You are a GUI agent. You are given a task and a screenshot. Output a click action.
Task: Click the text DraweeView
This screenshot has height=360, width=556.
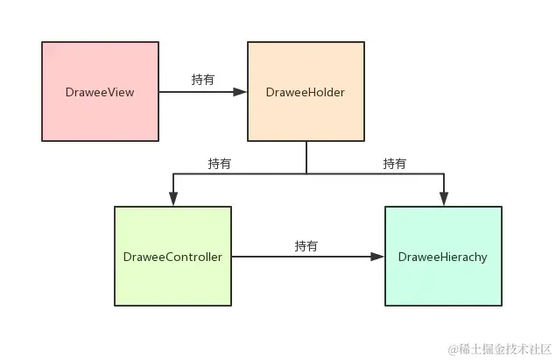[100, 92]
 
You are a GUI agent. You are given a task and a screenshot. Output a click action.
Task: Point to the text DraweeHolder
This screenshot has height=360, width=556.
[306, 92]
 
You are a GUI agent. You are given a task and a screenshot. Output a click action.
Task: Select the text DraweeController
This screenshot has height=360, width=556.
[172, 257]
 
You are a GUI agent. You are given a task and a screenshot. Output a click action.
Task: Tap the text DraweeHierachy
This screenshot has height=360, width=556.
[443, 257]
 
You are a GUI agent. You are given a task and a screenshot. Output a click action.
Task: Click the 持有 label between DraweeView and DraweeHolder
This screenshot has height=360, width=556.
[203, 80]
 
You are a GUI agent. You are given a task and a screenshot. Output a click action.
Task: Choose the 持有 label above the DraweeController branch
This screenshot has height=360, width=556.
[220, 163]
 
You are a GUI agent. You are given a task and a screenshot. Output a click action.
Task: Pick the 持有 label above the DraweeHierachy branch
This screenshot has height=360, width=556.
[395, 163]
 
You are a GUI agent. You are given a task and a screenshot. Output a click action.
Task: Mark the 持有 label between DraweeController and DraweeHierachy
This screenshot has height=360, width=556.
[306, 245]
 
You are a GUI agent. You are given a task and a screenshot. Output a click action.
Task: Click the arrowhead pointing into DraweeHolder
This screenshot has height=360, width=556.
[242, 91]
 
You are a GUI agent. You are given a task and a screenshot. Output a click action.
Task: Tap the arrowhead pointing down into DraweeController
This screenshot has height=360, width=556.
[173, 201]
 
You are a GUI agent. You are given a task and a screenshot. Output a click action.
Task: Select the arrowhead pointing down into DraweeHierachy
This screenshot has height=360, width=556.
[444, 201]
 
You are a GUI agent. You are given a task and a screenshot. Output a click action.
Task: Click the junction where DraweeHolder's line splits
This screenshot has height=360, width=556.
[306, 174]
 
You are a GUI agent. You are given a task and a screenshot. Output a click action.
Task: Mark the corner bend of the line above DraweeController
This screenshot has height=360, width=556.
[173, 174]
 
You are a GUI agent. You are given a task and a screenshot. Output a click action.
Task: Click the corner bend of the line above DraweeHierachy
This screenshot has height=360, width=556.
[444, 174]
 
